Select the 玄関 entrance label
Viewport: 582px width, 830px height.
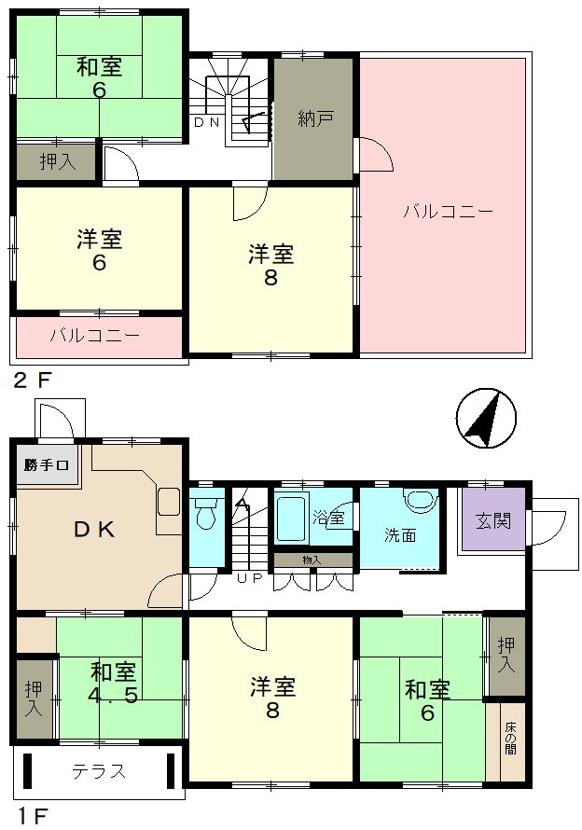(x=493, y=520)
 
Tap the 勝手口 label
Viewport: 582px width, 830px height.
(x=46, y=465)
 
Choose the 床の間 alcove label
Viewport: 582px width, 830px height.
(x=510, y=738)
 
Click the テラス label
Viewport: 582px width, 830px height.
(x=99, y=771)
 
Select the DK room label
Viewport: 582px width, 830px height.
(x=94, y=530)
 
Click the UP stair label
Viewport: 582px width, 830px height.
(x=249, y=578)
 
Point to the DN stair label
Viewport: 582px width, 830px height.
(x=206, y=123)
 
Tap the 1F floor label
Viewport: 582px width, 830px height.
(x=31, y=816)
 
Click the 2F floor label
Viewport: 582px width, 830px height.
(x=33, y=380)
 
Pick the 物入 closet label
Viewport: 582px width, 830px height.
(x=312, y=560)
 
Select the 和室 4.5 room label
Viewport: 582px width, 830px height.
(x=114, y=683)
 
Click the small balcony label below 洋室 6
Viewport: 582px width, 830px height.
(x=95, y=336)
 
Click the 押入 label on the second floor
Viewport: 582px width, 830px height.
(x=58, y=161)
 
